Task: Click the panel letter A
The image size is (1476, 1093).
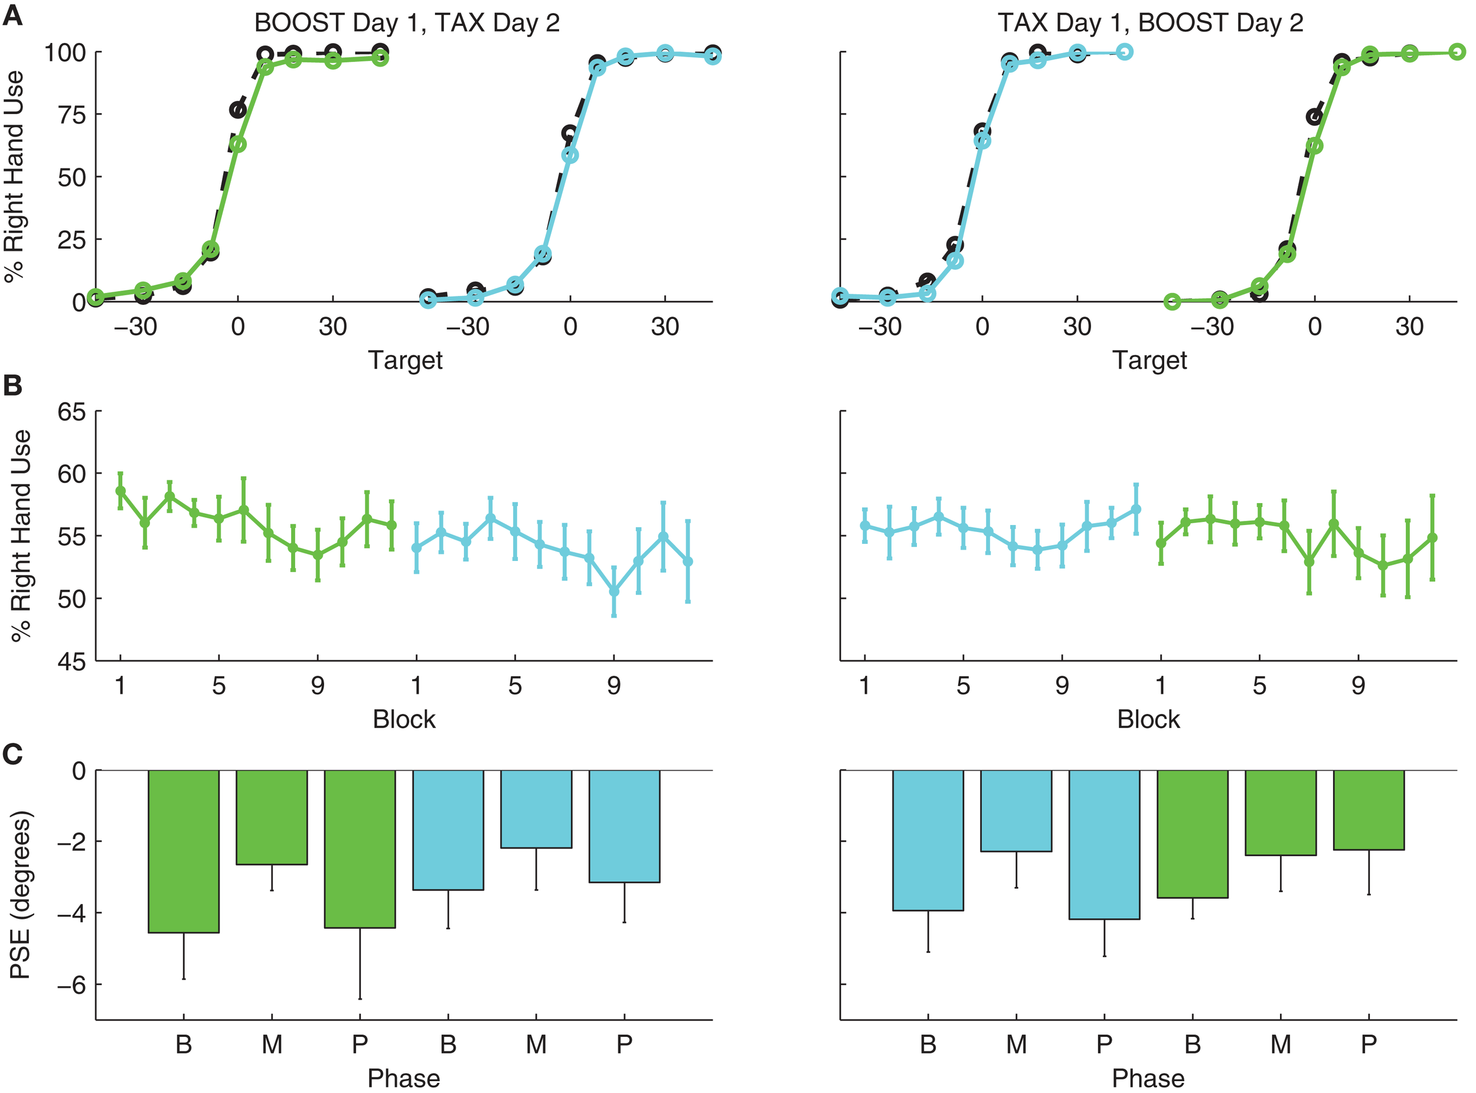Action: click(x=12, y=15)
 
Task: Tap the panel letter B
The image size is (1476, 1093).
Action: click(x=12, y=385)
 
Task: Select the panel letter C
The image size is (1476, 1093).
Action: click(x=12, y=753)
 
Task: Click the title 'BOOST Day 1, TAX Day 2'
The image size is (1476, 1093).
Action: click(x=406, y=23)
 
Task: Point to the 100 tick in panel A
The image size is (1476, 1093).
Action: click(x=65, y=53)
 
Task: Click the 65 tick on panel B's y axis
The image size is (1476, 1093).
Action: click(x=71, y=412)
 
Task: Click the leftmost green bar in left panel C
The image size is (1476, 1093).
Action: click(x=183, y=851)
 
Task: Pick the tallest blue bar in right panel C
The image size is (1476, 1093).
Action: click(x=1104, y=845)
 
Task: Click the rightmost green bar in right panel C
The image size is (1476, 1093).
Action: click(x=1369, y=810)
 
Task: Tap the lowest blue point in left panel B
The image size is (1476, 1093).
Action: click(x=614, y=591)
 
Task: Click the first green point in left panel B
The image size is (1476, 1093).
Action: click(x=120, y=491)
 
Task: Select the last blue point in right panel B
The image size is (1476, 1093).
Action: click(x=1136, y=509)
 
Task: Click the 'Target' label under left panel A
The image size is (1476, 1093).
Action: click(x=405, y=361)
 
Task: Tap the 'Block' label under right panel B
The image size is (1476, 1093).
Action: click(x=1148, y=719)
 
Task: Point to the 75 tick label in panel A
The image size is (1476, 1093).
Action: click(x=71, y=115)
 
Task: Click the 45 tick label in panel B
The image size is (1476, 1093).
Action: click(x=71, y=661)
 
